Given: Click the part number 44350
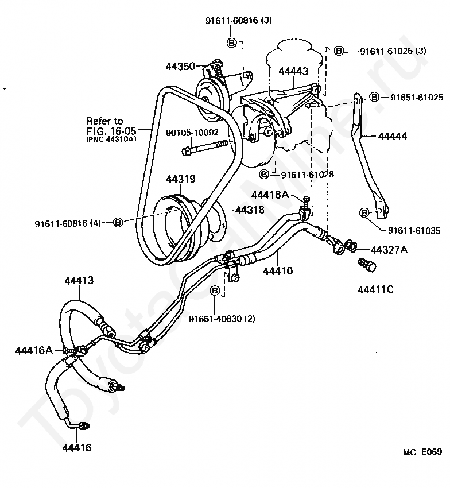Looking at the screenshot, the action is pos(180,66).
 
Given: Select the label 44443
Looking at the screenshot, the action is pos(293,71).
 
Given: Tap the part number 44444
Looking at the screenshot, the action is pos(393,136).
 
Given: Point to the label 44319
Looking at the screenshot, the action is pos(180,179).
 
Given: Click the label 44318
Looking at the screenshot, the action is pos(250,210).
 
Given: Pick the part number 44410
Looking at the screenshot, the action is pos(278,271).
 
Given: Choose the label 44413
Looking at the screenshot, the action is pos(79,280).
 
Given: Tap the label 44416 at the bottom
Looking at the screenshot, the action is pos(77,448).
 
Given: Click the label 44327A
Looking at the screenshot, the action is pos(389,250).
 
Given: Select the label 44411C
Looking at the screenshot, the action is pos(375,289).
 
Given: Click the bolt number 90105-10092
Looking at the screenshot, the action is pos(192,133).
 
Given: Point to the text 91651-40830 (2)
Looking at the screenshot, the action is pos(222,319).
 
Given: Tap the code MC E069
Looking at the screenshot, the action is pos(422,452).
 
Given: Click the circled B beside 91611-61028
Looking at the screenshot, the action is pos(264,175).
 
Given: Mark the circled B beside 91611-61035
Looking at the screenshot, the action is pos(364,213).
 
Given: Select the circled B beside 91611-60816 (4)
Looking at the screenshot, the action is pos(118,222).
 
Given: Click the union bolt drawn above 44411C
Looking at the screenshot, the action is pos(367,265).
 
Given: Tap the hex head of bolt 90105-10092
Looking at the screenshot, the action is pos(186,152).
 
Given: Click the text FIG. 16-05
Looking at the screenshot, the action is pos(111,131).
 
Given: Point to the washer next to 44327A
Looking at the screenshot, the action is pos(351,245).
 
